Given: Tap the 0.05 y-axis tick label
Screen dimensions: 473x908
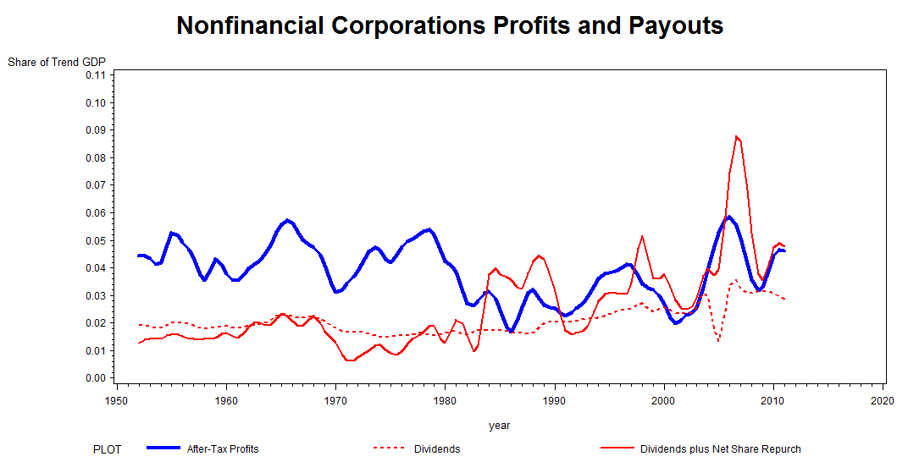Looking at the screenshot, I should coord(95,241).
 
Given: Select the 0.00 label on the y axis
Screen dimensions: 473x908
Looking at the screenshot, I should coord(95,378).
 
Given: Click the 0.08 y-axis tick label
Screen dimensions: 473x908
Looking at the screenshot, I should coord(95,158).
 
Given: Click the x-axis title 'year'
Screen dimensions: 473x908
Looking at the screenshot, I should coord(500,426).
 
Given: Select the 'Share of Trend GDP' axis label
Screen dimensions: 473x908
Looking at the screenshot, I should coord(57,62).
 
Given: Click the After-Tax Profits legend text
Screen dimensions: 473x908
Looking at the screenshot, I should coord(223,449).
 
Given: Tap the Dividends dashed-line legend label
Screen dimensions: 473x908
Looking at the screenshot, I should coord(437,449).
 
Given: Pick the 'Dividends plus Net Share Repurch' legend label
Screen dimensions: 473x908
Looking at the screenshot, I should coord(720,449).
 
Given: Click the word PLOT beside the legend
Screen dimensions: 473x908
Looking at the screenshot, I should coord(108,449).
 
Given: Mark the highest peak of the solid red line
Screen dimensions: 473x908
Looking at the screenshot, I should coord(737,136).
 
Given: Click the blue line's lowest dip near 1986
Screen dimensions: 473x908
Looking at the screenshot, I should coord(511,331).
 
